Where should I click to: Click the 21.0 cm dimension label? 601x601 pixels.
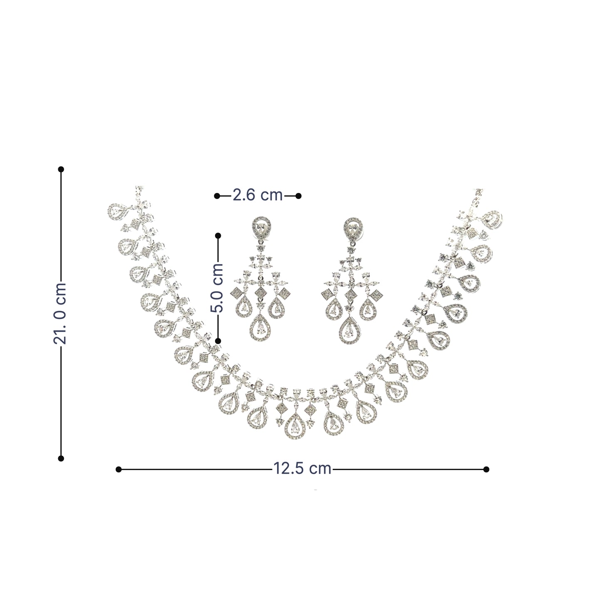(x=60, y=313)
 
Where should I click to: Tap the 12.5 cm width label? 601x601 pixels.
(x=302, y=469)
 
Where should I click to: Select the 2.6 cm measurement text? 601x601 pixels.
(x=257, y=195)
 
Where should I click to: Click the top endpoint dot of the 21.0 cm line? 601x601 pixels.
(x=61, y=169)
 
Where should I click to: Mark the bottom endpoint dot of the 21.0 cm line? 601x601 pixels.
(x=61, y=458)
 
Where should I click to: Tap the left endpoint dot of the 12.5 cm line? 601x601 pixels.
(x=119, y=469)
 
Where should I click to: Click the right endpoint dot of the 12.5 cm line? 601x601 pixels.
(x=486, y=469)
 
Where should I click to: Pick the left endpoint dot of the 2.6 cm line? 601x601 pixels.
(x=217, y=195)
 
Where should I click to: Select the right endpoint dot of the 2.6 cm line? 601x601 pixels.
(x=299, y=195)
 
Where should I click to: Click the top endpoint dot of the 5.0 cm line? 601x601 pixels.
(x=218, y=235)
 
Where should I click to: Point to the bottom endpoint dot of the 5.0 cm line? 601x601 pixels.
(x=218, y=341)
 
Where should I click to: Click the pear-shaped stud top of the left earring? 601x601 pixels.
(x=261, y=227)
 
